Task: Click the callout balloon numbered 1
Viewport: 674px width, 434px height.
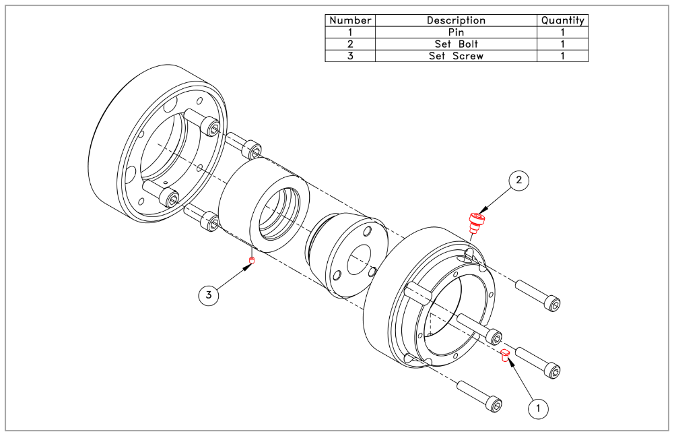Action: click(x=538, y=407)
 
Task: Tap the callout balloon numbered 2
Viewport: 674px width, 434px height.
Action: click(x=518, y=180)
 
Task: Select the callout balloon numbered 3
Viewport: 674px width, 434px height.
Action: click(x=209, y=295)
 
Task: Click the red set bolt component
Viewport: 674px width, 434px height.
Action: click(x=477, y=221)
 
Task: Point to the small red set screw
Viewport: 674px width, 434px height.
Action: click(x=252, y=261)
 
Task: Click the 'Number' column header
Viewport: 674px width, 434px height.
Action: click(x=350, y=20)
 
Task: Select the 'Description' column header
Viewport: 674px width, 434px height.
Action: click(x=456, y=20)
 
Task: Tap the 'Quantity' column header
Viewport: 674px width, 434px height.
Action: click(x=562, y=20)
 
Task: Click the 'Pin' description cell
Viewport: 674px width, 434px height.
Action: click(x=456, y=32)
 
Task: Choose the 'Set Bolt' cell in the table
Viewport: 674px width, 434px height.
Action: click(x=456, y=44)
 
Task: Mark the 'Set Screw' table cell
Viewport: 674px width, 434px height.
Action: click(x=456, y=56)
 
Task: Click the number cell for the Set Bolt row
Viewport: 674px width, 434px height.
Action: click(x=350, y=44)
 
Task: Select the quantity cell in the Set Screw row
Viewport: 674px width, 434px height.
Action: click(x=562, y=56)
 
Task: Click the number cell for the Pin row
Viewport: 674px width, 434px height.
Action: click(x=350, y=32)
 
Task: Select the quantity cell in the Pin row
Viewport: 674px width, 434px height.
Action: click(x=562, y=32)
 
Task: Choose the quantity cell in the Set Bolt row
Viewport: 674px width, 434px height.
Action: click(x=562, y=44)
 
